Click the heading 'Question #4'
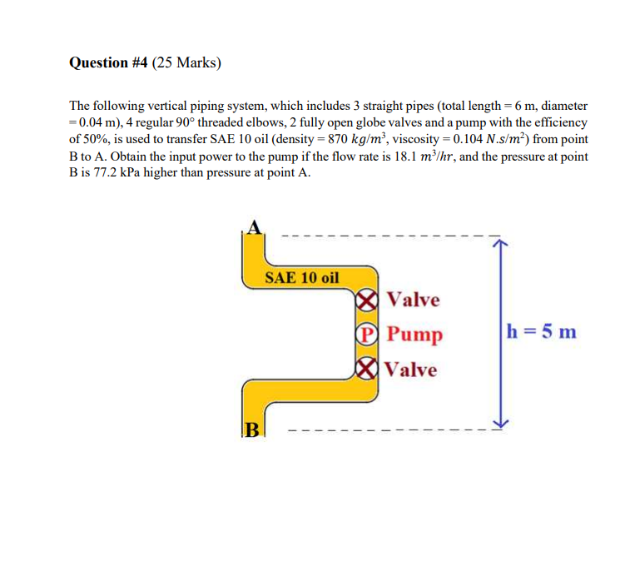click(x=107, y=62)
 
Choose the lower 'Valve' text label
click(x=412, y=369)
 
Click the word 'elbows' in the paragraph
click(x=266, y=123)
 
